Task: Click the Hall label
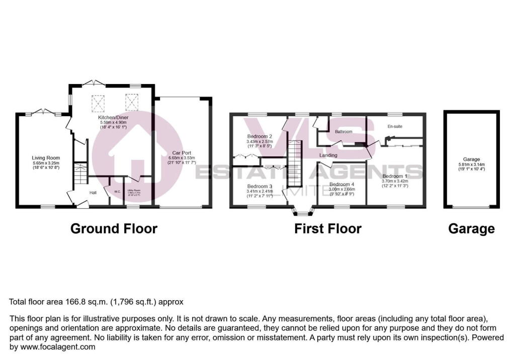pos(93,193)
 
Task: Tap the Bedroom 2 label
pos(260,136)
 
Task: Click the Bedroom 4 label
pos(342,185)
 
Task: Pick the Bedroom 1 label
pos(395,176)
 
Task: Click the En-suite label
pos(395,126)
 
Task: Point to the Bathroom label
pos(344,132)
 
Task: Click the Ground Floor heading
pos(114,229)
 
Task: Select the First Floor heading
pos(328,229)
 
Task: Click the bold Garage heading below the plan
pos(471,229)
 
